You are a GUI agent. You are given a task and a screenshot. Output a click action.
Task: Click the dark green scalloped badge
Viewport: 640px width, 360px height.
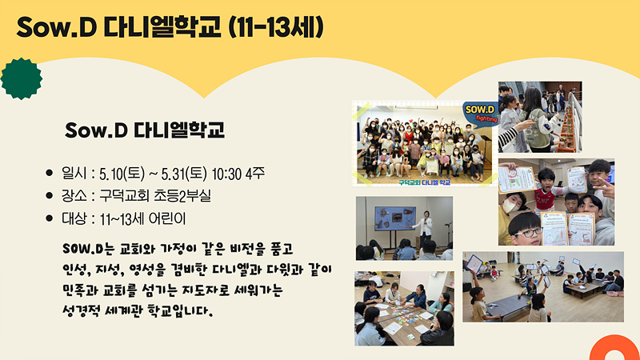(22, 78)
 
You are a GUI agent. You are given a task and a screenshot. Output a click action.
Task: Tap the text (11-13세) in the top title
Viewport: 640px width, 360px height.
(276, 27)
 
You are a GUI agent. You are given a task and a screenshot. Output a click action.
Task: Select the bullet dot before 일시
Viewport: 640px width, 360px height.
(50, 173)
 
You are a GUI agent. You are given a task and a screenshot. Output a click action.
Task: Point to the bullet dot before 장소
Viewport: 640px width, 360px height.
(50, 196)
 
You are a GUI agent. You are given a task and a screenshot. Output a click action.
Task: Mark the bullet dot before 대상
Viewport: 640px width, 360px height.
(50, 218)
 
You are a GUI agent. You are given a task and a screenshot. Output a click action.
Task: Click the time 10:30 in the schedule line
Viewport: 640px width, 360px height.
(226, 174)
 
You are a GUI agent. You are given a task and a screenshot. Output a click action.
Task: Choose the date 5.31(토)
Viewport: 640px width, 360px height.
(184, 174)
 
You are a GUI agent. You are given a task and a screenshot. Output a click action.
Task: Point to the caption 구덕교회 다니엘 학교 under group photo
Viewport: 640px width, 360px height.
(425, 182)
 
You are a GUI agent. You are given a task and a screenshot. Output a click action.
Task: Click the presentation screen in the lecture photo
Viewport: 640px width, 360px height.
(395, 218)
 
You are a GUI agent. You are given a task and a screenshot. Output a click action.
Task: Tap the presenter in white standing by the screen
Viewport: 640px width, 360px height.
(426, 228)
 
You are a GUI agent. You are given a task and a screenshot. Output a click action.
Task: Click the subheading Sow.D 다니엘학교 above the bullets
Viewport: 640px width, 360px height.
(145, 130)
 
